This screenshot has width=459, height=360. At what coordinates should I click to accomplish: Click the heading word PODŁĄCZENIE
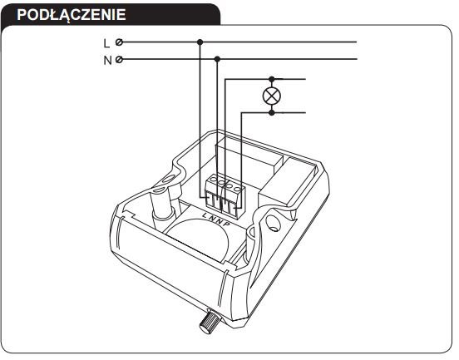click(72, 15)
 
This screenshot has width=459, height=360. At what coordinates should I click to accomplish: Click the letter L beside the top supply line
click(106, 43)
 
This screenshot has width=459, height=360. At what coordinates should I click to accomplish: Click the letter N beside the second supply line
click(107, 61)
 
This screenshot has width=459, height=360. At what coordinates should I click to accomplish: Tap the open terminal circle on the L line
click(119, 42)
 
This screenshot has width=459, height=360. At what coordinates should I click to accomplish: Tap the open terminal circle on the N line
click(119, 59)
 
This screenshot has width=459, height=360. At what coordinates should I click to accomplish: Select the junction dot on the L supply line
click(200, 42)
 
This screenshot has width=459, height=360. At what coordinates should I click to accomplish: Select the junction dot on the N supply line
click(217, 59)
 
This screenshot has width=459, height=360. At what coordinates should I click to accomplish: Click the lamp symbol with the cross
click(272, 96)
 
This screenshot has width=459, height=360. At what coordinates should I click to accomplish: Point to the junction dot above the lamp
click(272, 79)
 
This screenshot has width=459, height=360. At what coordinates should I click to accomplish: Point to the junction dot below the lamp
click(272, 112)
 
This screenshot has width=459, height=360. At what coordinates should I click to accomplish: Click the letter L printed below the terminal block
click(205, 215)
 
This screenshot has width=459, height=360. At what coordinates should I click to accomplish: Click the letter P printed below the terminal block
click(227, 224)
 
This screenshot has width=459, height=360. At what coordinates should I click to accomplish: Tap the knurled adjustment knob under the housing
click(208, 321)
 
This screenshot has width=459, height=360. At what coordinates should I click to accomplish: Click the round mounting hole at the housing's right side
click(274, 223)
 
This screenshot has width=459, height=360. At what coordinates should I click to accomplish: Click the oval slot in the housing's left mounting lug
click(168, 178)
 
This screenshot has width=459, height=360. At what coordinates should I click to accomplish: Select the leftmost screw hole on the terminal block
click(214, 178)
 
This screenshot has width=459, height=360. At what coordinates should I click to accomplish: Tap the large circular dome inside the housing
click(198, 237)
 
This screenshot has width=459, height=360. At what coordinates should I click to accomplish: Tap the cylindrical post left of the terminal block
click(160, 205)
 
